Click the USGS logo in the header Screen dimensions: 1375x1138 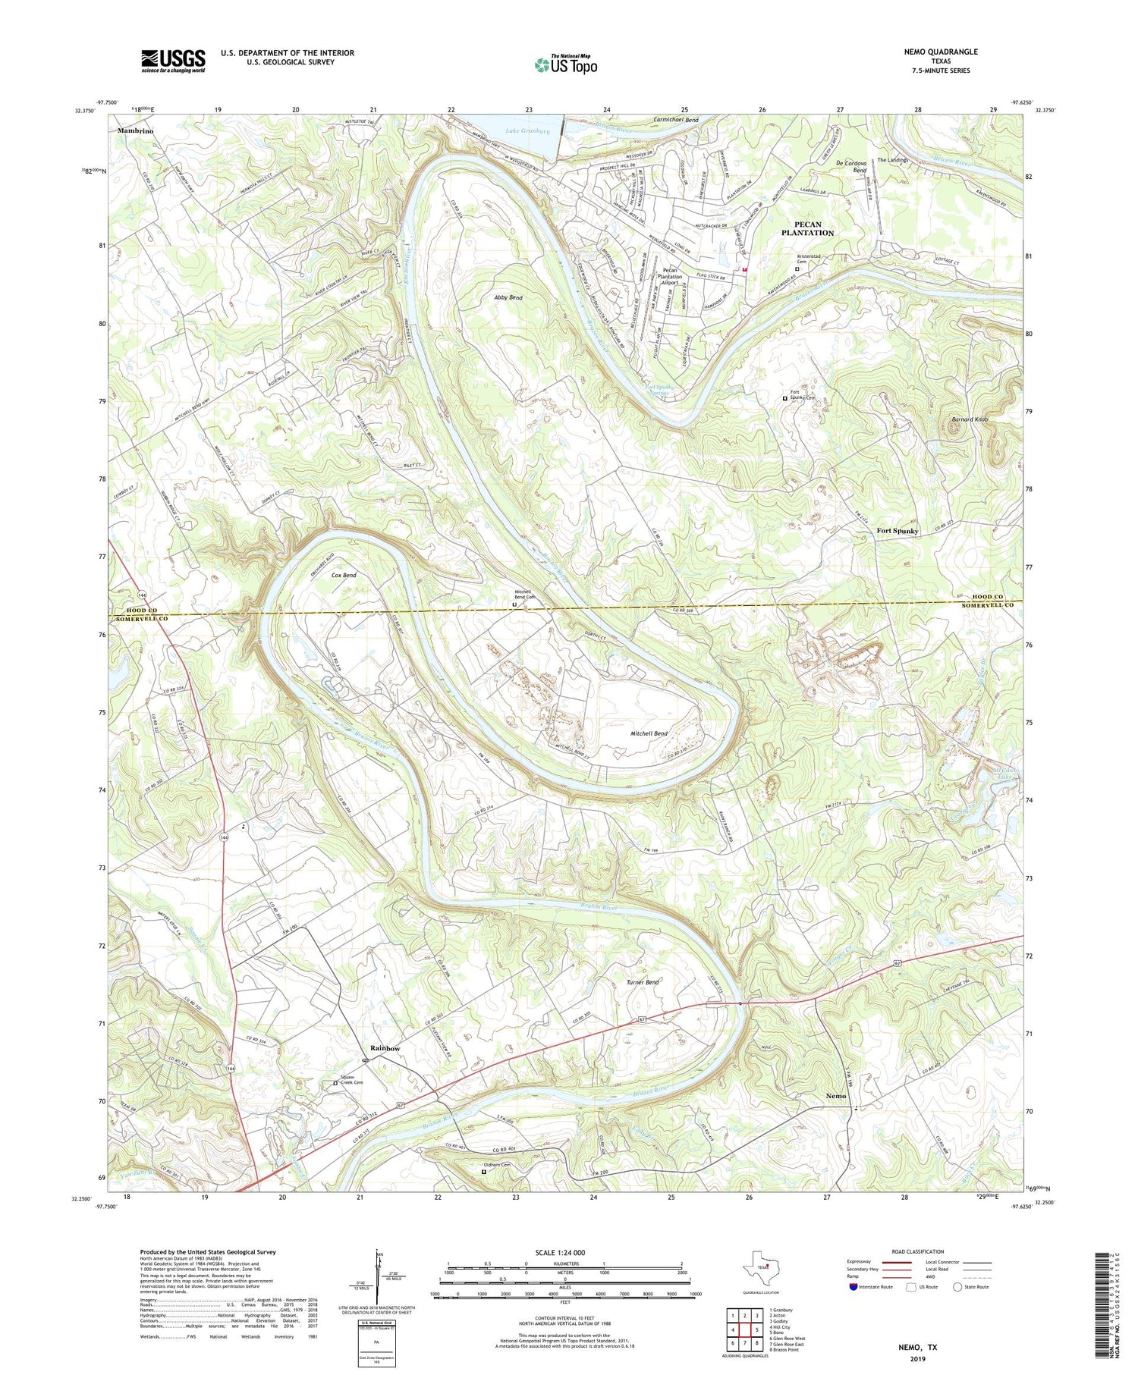pos(173,61)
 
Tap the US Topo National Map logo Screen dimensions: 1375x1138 pos(566,64)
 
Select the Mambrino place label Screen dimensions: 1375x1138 pos(135,131)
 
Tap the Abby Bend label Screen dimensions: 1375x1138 pos(508,298)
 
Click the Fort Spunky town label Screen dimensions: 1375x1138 pos(897,531)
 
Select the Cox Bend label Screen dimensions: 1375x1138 pos(344,576)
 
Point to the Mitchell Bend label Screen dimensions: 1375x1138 pos(649,734)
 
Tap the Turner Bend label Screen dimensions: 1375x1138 pos(642,982)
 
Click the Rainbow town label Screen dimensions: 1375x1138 pos(385,1048)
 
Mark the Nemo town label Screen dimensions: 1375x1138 pos(836,1096)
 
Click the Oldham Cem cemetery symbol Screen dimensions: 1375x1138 pos(484,1172)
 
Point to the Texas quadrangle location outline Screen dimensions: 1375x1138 pos(762,1266)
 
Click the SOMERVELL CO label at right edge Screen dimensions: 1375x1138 pos(988,605)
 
